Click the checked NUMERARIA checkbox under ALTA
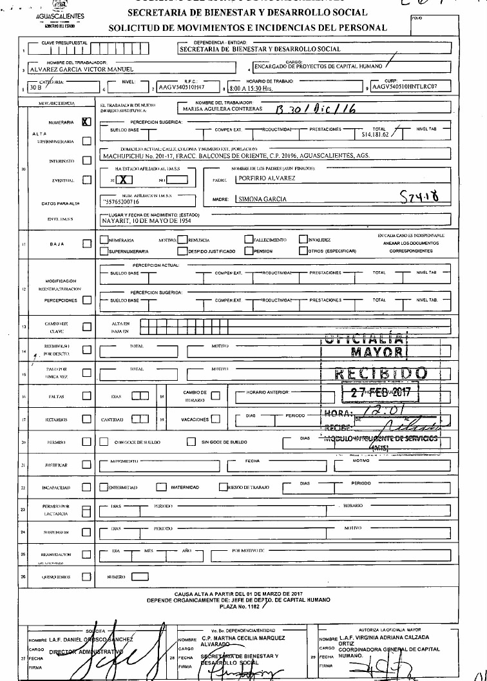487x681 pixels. click(87, 120)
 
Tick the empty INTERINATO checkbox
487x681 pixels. click(87, 159)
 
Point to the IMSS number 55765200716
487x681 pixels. click(124, 202)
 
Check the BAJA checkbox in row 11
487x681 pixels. click(87, 244)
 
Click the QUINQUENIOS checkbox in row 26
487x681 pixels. click(87, 577)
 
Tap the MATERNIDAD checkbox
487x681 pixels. click(161, 487)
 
